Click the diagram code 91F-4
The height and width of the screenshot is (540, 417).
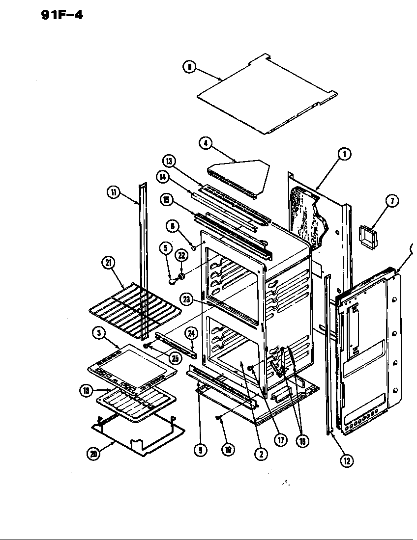click(x=62, y=15)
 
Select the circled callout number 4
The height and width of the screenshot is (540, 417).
click(x=206, y=143)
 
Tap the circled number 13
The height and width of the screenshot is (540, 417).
click(x=169, y=161)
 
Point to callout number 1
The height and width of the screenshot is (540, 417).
click(x=345, y=154)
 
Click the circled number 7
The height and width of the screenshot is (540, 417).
click(x=392, y=201)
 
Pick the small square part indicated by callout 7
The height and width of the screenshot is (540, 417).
click(x=368, y=235)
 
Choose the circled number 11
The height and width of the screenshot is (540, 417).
click(x=114, y=192)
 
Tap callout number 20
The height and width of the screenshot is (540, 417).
click(x=93, y=454)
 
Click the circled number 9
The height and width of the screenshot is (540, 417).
click(x=200, y=450)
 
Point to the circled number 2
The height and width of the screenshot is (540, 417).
click(x=261, y=454)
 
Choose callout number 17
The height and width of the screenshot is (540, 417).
click(x=281, y=440)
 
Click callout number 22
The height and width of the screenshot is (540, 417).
click(x=181, y=255)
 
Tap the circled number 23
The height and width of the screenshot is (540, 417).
click(x=185, y=298)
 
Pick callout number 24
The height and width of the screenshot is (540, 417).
click(x=192, y=333)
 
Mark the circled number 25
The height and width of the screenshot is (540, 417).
click(x=174, y=358)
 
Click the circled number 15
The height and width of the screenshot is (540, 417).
click(x=167, y=200)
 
